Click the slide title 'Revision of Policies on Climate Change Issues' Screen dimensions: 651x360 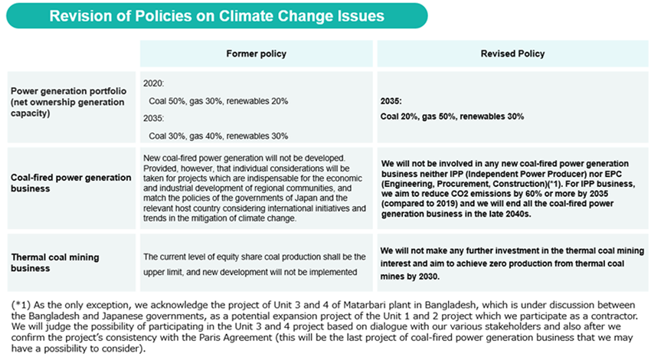[x=217, y=16]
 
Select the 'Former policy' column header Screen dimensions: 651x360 [x=256, y=54]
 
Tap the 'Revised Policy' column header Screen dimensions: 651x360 [x=512, y=54]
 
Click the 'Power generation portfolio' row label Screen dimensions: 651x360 [x=68, y=91]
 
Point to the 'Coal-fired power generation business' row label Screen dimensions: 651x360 [x=71, y=183]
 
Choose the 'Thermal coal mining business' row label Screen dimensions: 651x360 [x=55, y=263]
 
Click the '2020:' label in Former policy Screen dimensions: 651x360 [x=154, y=83]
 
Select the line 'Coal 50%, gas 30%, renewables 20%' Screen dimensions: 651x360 [x=218, y=101]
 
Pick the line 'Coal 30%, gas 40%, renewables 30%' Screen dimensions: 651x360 [x=218, y=136]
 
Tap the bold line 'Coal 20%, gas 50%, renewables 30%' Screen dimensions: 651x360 [x=452, y=116]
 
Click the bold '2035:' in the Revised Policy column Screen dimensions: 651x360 [x=391, y=101]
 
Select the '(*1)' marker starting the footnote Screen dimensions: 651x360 [x=21, y=305]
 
